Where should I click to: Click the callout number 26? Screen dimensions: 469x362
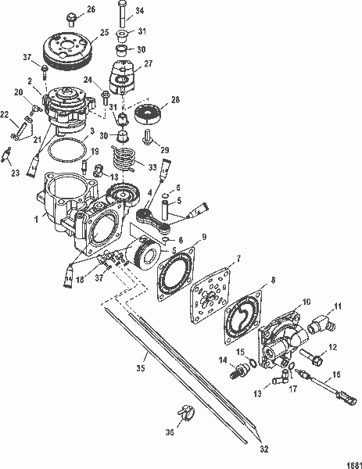coord(90,9)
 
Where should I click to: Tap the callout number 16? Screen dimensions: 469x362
coord(339,375)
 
